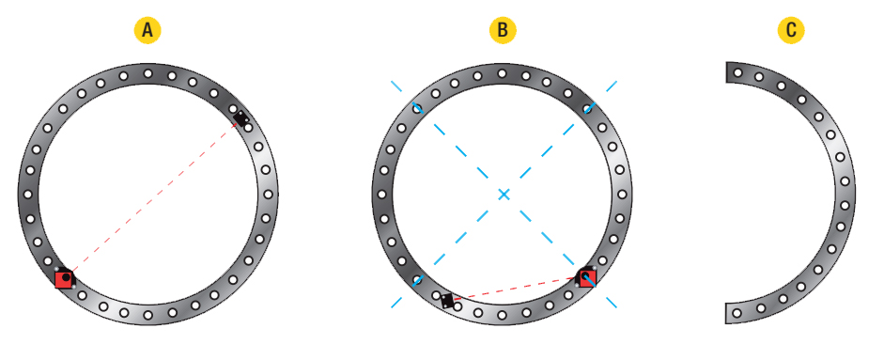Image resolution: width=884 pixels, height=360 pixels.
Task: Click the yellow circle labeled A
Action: (x=147, y=30)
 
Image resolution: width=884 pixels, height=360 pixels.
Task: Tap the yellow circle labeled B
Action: (x=503, y=30)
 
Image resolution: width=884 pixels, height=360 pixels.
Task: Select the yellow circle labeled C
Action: (x=791, y=30)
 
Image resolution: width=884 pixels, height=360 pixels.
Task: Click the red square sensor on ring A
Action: (x=64, y=278)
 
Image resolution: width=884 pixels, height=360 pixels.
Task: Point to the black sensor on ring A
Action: (x=241, y=118)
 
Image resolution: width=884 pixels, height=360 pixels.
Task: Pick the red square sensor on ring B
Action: (x=586, y=277)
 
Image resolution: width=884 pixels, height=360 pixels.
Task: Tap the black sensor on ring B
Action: (x=447, y=301)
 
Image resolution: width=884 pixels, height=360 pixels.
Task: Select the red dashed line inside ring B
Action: (x=516, y=289)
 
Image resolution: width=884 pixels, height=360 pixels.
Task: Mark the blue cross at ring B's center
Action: (x=504, y=195)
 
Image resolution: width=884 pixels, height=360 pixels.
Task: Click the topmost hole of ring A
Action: (x=147, y=73)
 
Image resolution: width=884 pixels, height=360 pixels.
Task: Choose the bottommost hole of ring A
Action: (x=147, y=315)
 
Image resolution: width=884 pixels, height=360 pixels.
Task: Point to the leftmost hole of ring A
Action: (x=27, y=195)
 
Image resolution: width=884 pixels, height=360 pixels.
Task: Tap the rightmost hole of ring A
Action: (x=269, y=195)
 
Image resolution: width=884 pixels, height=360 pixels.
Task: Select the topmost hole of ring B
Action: (x=502, y=73)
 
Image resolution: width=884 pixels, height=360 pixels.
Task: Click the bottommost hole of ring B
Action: (x=502, y=315)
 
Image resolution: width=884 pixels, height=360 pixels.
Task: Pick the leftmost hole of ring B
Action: (x=381, y=195)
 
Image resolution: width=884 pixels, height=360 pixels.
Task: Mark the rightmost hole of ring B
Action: (x=623, y=195)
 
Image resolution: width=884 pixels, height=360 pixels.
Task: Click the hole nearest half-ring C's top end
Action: (x=737, y=72)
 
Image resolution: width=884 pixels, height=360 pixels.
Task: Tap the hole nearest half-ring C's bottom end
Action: (x=737, y=313)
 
